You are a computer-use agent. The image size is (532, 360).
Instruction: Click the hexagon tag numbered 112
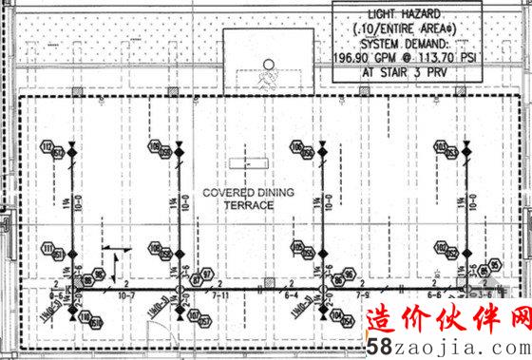coord(46,146)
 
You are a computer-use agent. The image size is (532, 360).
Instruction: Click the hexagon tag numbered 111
coord(46,248)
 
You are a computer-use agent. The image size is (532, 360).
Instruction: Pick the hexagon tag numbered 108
coord(154,248)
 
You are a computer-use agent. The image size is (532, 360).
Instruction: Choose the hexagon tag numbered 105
coord(297,248)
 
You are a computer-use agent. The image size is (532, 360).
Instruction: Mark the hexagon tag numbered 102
coord(440,248)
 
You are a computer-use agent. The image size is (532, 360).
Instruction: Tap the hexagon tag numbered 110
coord(84,316)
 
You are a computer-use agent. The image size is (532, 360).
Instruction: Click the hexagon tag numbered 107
coord(193,316)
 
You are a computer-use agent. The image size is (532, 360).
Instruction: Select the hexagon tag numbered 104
coord(334,316)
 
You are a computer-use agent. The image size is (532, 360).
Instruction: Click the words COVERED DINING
coord(248,193)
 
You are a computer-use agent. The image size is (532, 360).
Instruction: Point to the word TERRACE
coord(248,205)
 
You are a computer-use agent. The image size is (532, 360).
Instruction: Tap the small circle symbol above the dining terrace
coord(268,66)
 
